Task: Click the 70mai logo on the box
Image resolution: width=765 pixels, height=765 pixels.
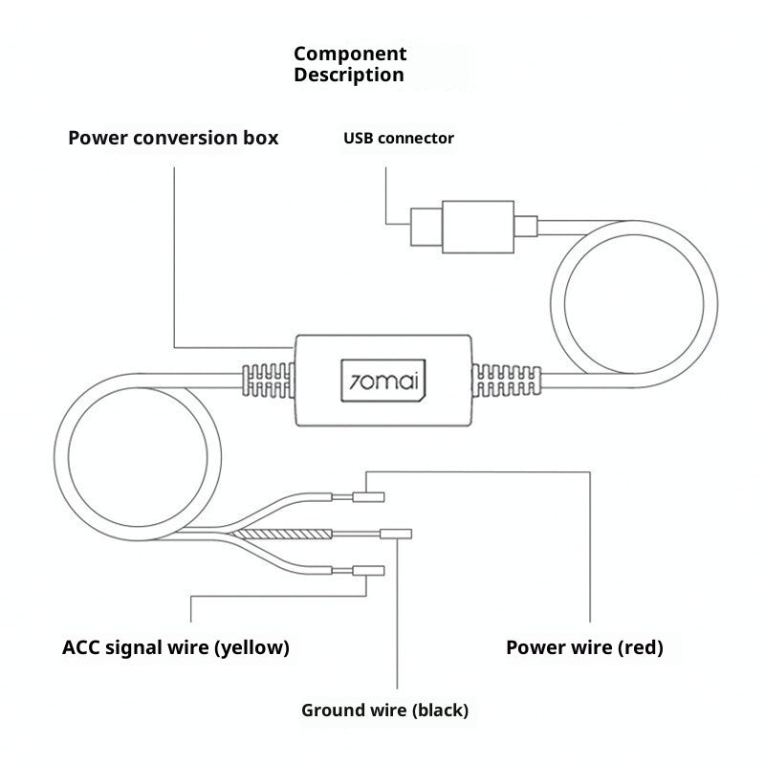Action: (383, 381)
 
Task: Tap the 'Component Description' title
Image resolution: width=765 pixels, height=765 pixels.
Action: (350, 64)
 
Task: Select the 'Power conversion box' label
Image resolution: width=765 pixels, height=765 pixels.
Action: (173, 138)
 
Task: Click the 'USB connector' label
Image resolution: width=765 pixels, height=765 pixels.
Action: (399, 138)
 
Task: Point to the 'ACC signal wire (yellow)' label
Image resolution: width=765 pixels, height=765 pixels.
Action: (176, 647)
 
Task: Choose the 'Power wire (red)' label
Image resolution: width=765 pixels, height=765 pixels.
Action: (584, 647)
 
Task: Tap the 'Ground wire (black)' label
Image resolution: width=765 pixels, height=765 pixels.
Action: (385, 710)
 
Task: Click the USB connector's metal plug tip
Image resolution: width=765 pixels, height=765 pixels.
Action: (426, 227)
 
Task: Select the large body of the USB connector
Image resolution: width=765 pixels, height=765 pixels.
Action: (478, 227)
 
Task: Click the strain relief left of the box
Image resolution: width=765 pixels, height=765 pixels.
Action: (269, 381)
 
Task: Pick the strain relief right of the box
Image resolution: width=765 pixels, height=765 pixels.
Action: (507, 381)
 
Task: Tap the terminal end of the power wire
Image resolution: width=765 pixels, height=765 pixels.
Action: (368, 497)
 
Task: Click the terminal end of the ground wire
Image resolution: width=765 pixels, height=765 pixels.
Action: (396, 534)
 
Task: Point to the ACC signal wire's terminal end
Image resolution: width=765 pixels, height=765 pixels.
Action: (368, 570)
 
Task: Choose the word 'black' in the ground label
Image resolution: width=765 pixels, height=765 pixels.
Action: (440, 710)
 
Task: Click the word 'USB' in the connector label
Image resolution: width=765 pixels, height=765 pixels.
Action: (359, 138)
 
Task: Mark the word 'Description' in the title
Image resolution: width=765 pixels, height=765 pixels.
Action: (349, 76)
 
